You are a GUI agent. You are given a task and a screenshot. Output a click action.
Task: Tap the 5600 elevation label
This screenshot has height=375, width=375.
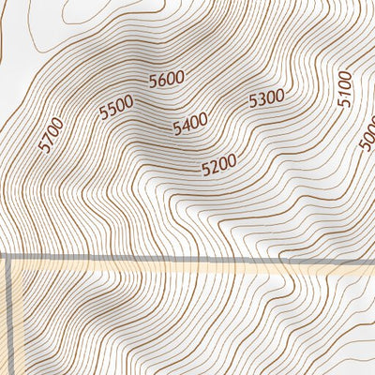point(167,80)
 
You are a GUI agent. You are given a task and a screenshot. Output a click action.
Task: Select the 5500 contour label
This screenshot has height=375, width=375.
point(116,109)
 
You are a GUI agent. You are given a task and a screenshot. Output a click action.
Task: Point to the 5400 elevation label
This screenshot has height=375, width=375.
point(190,123)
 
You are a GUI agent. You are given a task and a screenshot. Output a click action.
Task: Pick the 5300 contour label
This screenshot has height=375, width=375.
point(266,97)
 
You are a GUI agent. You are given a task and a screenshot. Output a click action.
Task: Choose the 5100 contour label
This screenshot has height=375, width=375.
point(344,87)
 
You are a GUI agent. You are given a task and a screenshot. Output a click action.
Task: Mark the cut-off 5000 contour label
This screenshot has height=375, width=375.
point(367,141)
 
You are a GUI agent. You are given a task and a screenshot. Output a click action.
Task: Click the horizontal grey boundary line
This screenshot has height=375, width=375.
point(187,258)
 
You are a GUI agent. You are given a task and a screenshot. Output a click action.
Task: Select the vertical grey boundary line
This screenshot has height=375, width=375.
point(10,319)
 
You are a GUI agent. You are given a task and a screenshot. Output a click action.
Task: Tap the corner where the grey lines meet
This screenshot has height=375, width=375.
point(10,258)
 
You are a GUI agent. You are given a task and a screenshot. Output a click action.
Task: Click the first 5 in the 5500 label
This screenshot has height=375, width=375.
point(103,114)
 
